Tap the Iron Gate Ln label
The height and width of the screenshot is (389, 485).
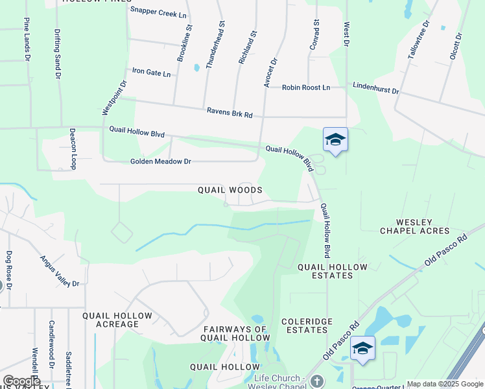151,73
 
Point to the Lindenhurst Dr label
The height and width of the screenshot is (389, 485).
375,88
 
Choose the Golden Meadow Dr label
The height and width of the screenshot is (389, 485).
161,161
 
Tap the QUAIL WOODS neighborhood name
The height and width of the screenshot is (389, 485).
230,190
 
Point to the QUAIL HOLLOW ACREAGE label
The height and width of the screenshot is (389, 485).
117,320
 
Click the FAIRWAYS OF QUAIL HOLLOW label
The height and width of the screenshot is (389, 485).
235,333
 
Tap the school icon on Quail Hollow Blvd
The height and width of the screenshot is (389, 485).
335,140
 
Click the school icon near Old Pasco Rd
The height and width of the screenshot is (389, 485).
362,348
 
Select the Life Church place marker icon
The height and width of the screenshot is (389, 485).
316,381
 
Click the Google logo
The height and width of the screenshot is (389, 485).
21,381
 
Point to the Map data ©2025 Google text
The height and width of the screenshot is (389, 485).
444,384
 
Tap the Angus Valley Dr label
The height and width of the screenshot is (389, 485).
59,271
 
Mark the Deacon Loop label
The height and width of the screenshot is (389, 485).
73,148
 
